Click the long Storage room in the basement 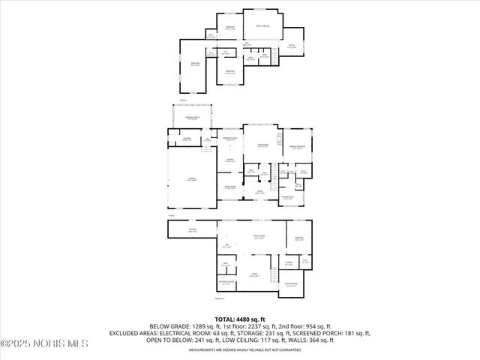point(193,231)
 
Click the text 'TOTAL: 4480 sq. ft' point(240,319)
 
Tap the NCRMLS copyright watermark point(44,343)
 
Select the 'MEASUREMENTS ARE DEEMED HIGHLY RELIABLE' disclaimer point(240,349)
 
